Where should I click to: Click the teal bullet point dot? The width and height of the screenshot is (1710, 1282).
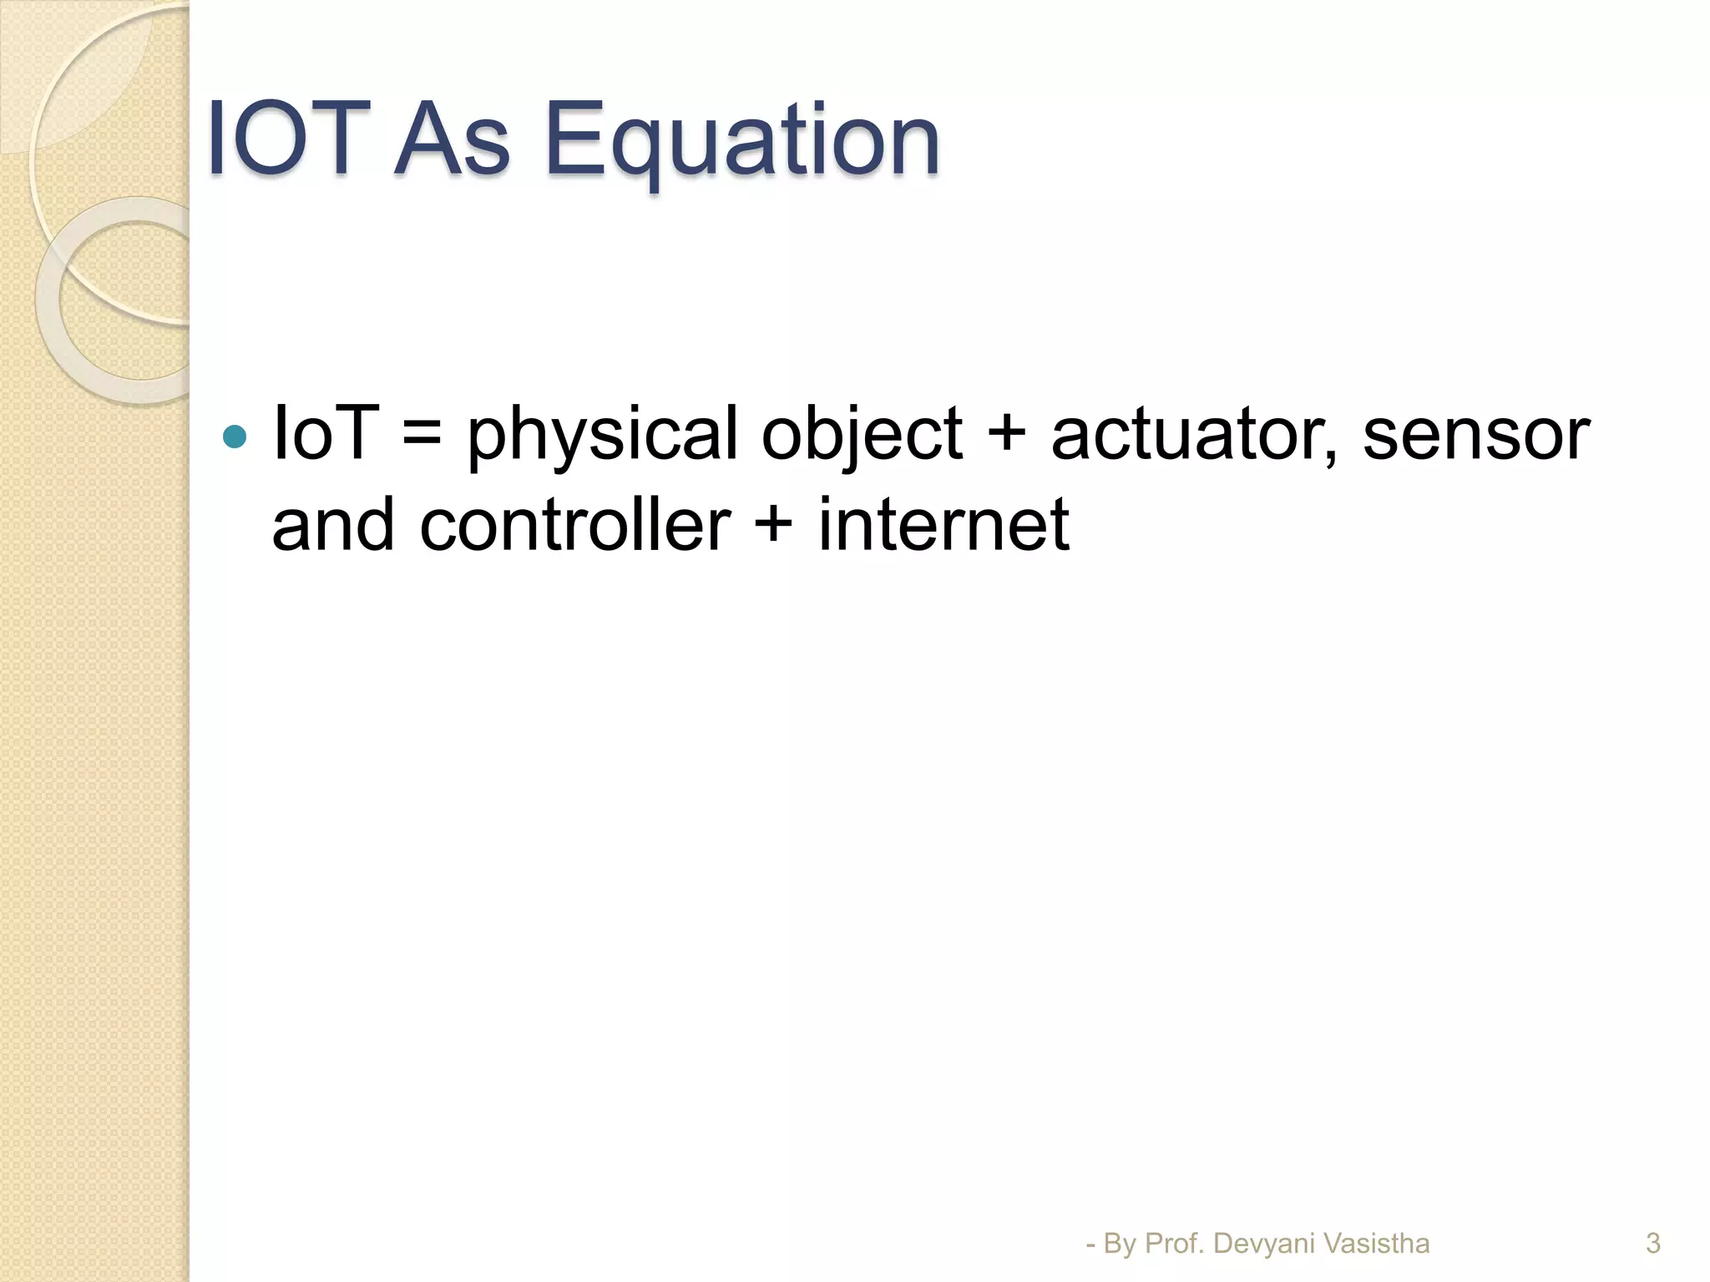point(235,437)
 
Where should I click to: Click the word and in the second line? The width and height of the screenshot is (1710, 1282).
point(333,525)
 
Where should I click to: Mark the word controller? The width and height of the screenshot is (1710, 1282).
point(575,525)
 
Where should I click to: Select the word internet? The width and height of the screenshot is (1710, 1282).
point(944,525)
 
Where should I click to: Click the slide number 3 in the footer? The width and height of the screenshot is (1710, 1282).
point(1652,1244)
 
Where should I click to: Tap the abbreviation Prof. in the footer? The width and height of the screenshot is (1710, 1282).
point(1175,1244)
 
